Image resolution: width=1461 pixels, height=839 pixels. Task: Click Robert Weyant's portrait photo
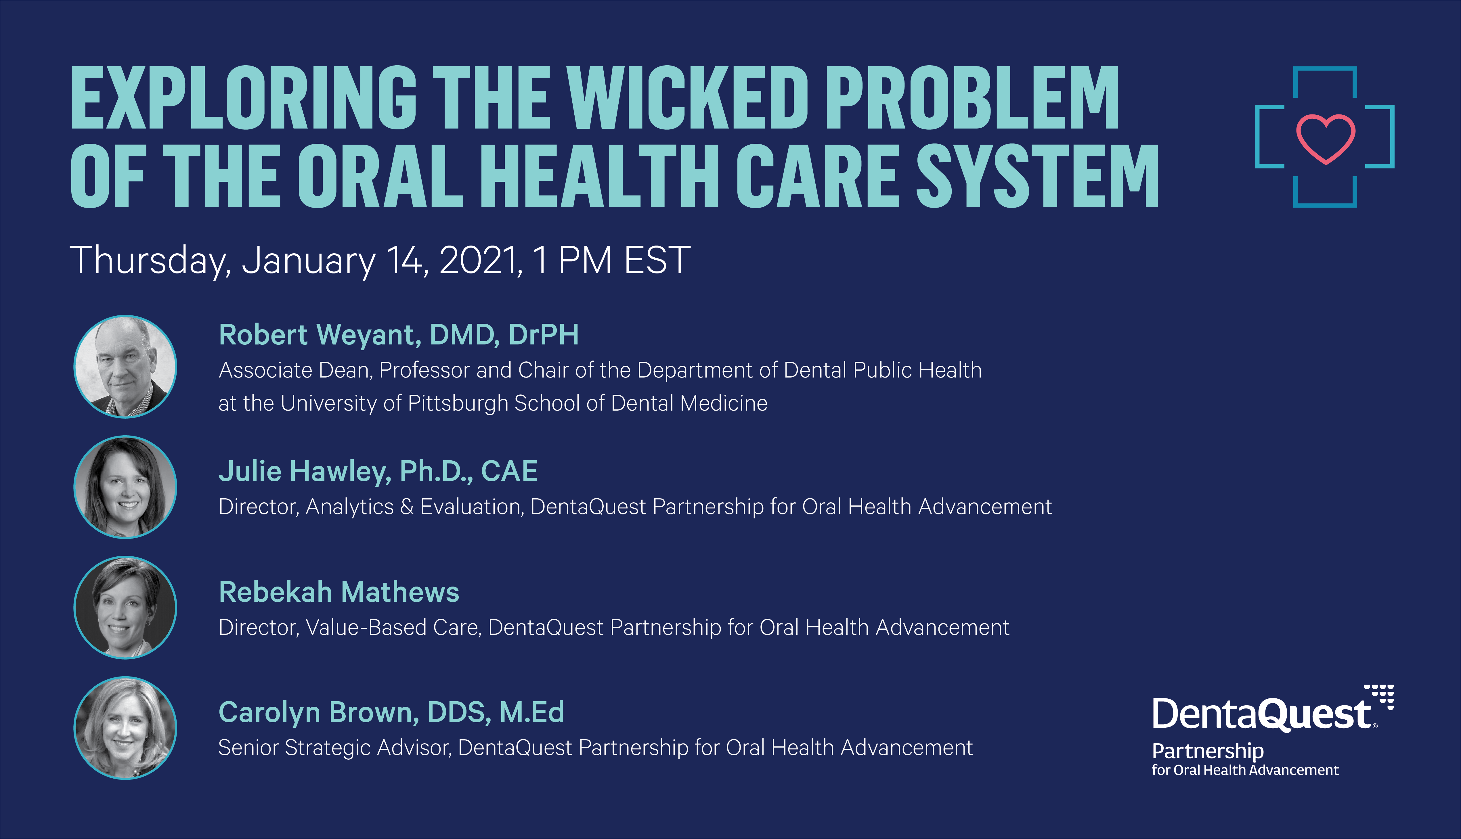pos(125,367)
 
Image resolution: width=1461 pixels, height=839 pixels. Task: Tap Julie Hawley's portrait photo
pos(125,487)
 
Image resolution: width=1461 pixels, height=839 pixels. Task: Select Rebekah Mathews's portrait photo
pos(125,607)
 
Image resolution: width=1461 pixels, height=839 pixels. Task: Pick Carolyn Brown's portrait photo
pos(125,728)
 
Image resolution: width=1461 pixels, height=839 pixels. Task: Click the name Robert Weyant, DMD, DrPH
pos(399,335)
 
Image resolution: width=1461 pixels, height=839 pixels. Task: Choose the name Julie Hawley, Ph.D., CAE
pos(378,472)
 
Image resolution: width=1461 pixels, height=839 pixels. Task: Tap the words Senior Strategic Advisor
pos(334,748)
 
